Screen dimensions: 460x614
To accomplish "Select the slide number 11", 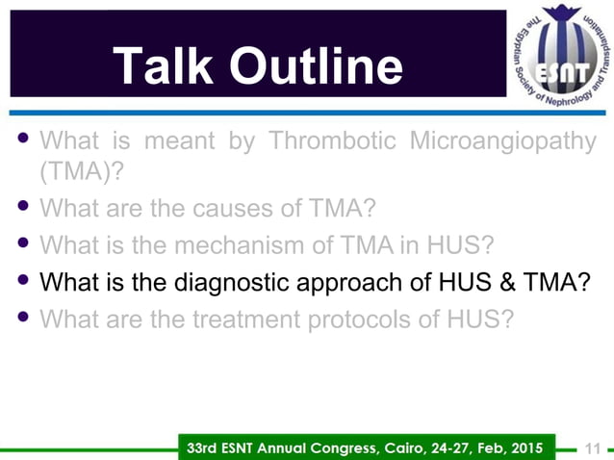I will point(592,447).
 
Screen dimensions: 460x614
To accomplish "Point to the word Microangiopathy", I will point(502,141).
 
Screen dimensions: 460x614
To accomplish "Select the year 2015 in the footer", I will point(531,447).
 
